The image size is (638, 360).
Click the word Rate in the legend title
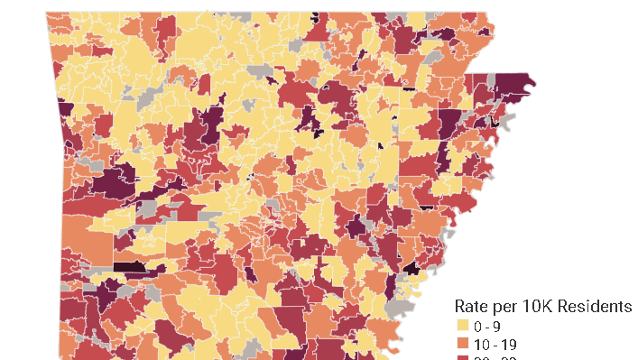tap(473, 306)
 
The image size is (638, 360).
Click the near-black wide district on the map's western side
tap(129, 266)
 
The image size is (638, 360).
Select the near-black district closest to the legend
tap(411, 268)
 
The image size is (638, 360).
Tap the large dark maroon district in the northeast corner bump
tap(511, 87)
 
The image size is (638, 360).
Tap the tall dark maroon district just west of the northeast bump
tap(449, 122)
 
